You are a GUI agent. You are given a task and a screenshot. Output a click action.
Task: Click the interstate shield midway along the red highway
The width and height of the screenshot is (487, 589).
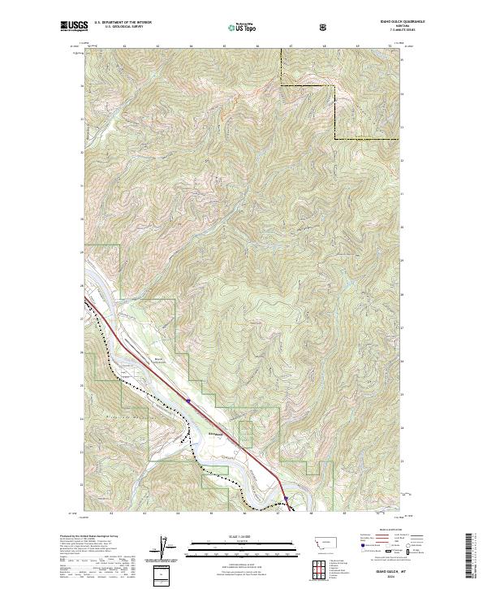point(188,401)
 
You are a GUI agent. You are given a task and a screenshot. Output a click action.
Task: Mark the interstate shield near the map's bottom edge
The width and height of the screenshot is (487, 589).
point(286,499)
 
